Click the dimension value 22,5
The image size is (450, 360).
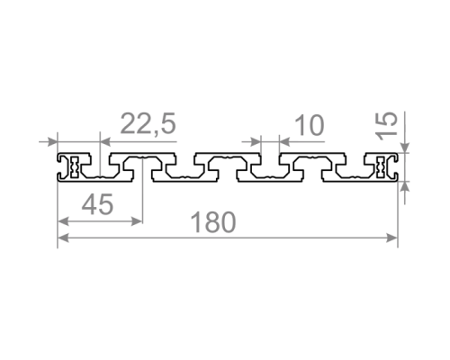coord(148,124)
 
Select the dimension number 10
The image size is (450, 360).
coord(310,125)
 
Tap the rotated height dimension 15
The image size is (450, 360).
coord(387,126)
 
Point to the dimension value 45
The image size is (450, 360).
coord(97,204)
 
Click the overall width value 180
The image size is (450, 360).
coord(213,222)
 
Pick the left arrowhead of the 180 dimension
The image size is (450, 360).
coord(63,238)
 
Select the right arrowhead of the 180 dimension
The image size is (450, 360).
coord(392,238)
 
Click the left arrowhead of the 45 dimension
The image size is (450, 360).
coord(63,221)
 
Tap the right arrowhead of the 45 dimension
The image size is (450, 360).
coord(137,221)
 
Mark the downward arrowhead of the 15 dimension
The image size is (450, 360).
coord(405,148)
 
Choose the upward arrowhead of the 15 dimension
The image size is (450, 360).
coord(405,186)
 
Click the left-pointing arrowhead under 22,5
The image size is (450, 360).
coord(105,141)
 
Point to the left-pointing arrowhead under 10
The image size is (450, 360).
coord(284,141)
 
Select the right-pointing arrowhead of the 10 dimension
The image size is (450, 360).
coord(256,141)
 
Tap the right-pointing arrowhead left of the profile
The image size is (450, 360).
coord(51,141)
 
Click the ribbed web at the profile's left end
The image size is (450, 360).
coord(75,166)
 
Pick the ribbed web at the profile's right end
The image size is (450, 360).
coord(381,166)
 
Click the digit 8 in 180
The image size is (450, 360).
coord(213,222)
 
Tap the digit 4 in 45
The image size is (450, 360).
coord(89,204)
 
